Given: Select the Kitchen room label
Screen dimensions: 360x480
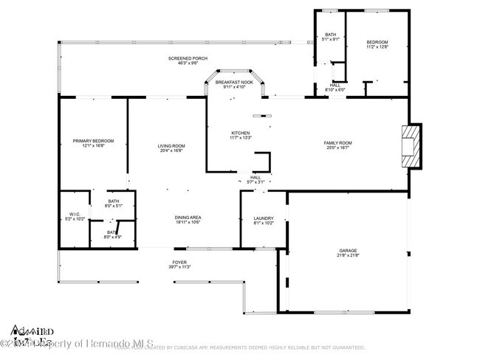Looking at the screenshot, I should tap(241, 133).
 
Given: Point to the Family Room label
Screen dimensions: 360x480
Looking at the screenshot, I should tap(337, 142).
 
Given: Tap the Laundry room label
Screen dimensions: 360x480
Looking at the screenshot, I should tap(264, 218).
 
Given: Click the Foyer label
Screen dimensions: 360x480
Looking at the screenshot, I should tap(180, 263).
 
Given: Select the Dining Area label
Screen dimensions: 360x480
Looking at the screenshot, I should tap(188, 218).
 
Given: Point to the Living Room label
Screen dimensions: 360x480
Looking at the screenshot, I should tap(171, 146).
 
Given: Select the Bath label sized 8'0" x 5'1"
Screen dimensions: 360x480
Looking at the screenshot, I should tap(114, 201).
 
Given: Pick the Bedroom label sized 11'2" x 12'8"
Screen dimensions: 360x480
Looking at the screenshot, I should tap(377, 43).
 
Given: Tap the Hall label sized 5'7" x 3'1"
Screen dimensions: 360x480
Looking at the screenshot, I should tap(256, 178).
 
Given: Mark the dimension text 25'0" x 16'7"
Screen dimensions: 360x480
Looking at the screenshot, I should tap(337, 148).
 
